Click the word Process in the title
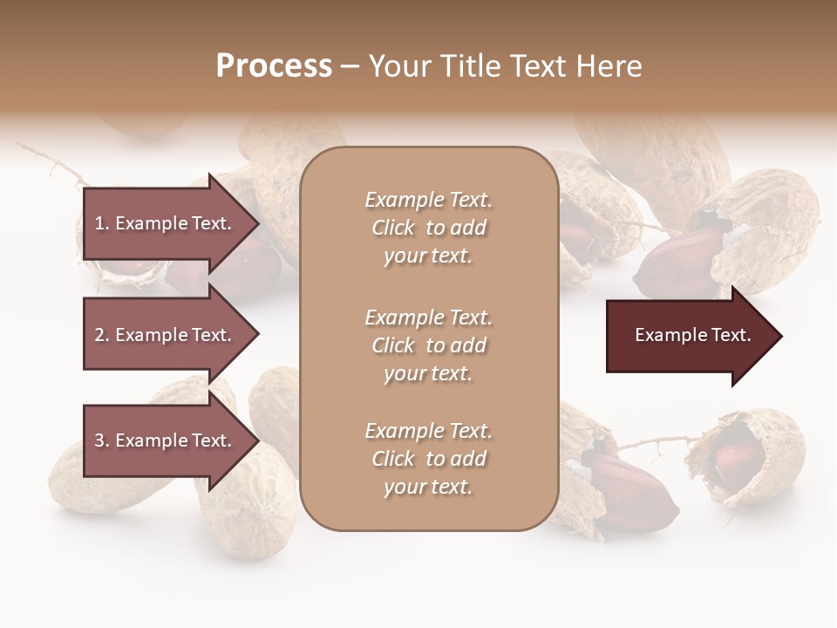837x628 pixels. tap(274, 66)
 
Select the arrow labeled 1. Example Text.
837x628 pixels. tap(166, 223)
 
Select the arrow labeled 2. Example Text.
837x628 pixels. tap(166, 335)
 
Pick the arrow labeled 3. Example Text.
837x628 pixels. tap(166, 440)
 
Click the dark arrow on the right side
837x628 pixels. tap(689, 336)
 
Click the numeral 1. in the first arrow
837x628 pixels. tap(102, 223)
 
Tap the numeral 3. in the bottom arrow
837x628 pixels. tap(102, 440)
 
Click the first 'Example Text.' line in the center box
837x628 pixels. tap(428, 200)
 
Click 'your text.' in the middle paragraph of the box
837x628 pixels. tap(428, 373)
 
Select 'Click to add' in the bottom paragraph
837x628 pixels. tap(428, 459)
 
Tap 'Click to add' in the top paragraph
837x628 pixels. tap(428, 228)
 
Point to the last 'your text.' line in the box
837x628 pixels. tap(428, 488)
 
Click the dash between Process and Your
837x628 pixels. tap(350, 66)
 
